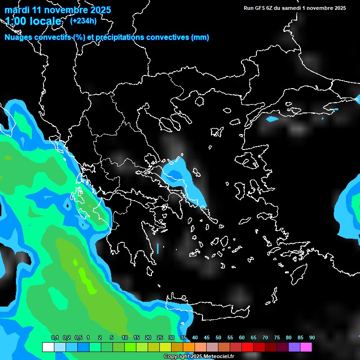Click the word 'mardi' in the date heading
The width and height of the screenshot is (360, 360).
click(16, 10)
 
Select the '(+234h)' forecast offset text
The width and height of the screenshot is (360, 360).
click(83, 20)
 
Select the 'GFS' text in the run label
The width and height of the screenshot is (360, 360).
click(258, 8)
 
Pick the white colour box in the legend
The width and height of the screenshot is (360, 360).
click(48, 347)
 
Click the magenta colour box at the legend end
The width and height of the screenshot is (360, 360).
click(306, 347)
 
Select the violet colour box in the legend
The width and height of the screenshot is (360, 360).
click(294, 347)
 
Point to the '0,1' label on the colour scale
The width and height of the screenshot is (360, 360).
click(55, 338)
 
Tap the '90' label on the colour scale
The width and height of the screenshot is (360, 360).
click(312, 338)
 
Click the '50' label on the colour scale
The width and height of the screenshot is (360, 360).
click(218, 338)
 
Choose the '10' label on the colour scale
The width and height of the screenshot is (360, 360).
click(125, 338)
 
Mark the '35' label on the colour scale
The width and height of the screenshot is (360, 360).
click(183, 338)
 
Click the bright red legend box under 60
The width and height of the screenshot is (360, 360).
click(247, 347)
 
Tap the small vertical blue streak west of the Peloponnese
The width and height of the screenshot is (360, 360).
click(158, 248)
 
